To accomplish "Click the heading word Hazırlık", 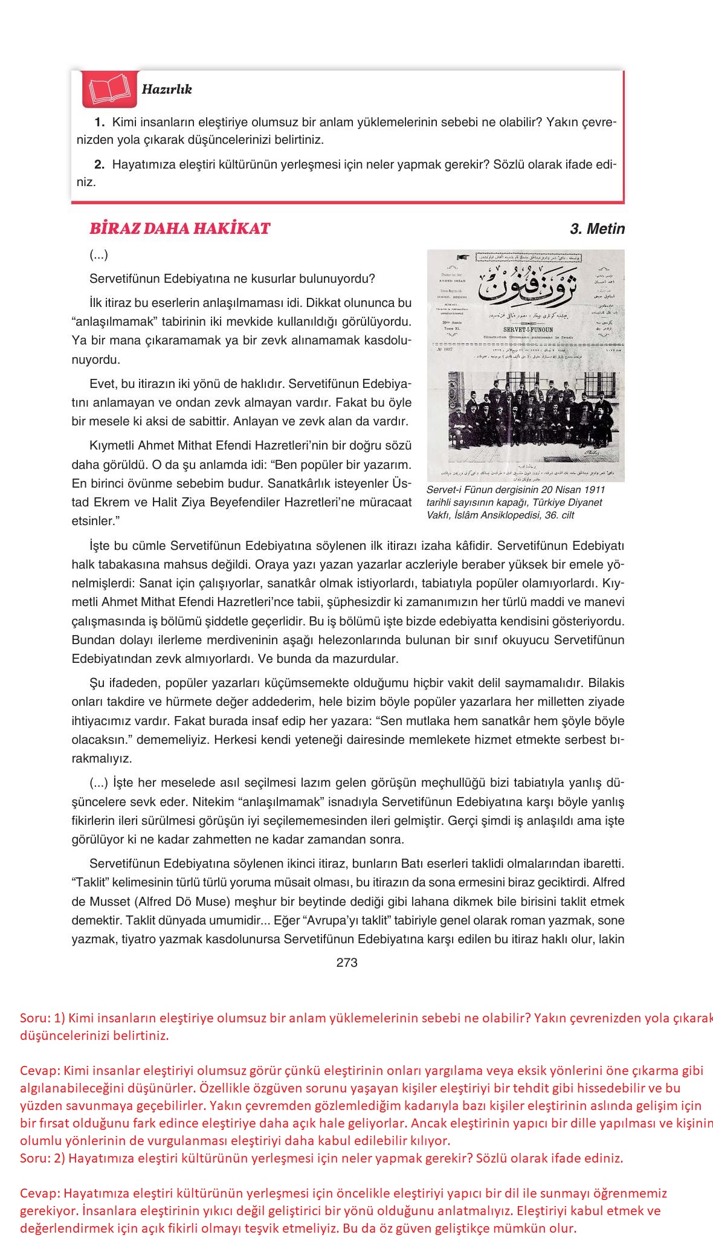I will point(167,89).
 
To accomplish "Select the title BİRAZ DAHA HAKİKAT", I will point(179,228).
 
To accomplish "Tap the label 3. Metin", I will point(597,229).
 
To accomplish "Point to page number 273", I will point(347,963).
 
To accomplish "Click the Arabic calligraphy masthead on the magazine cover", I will point(525,287).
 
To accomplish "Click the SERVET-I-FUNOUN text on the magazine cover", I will point(524,329).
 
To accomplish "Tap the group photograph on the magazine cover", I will point(525,417).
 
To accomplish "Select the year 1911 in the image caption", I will point(593,489).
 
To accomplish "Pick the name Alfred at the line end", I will point(607,883).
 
